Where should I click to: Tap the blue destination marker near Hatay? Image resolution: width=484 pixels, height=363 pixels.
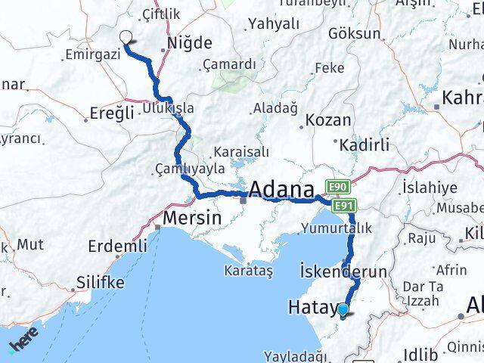point(343,309)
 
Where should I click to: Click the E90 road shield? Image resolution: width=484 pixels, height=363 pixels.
point(337,185)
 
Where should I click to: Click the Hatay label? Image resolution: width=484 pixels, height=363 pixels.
point(312,307)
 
